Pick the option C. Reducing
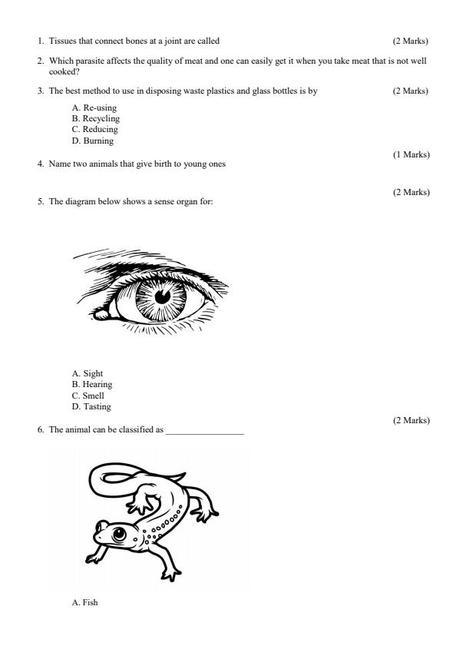coord(94,130)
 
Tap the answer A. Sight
coord(87,373)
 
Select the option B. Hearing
coord(91,384)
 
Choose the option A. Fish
coord(85,602)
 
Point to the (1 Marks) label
coord(411,155)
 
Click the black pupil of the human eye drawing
coord(162,296)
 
